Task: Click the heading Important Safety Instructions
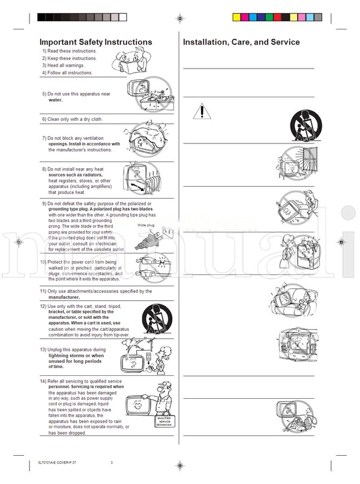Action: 95,42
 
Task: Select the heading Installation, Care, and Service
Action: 241,42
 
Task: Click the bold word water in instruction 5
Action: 55,100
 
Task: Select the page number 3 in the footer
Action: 112,462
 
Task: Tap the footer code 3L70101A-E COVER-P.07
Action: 53,462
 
